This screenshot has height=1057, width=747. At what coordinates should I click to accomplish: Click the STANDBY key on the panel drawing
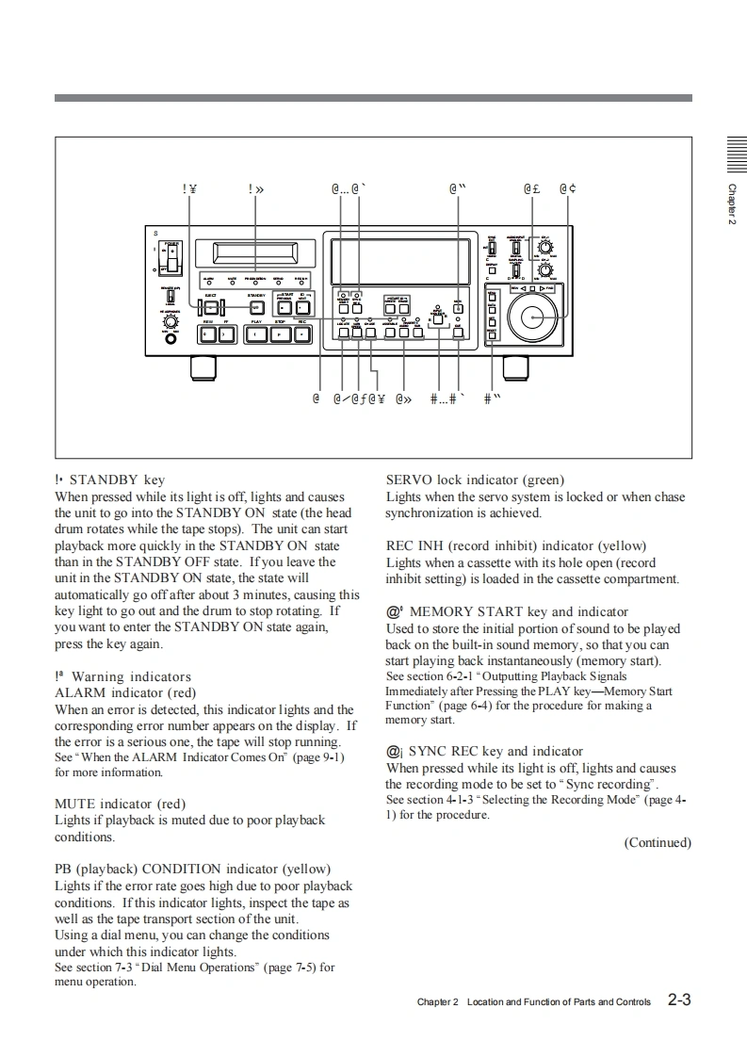[256, 307]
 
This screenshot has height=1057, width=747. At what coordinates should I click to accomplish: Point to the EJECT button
[212, 307]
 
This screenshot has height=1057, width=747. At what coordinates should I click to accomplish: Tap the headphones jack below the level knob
[171, 338]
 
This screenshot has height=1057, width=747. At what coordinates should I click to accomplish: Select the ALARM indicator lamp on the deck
[207, 283]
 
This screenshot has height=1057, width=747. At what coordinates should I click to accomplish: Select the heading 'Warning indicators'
[131, 676]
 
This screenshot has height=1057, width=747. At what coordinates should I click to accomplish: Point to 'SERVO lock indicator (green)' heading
[475, 480]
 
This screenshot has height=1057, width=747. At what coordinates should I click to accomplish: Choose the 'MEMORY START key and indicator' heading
[518, 611]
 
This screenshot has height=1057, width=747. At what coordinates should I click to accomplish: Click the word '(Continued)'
[658, 842]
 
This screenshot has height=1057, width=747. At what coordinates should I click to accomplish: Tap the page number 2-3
[679, 1000]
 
